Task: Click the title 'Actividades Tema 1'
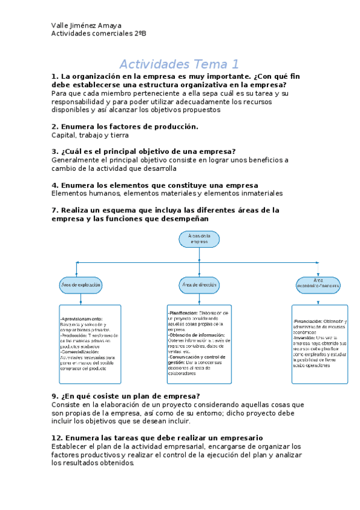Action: (x=179, y=64)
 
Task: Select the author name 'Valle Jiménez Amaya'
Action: (x=87, y=25)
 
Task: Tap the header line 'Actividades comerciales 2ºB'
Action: (x=99, y=34)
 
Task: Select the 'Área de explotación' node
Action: (x=81, y=284)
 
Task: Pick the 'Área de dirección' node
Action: (x=199, y=284)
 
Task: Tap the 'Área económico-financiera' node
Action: (x=318, y=284)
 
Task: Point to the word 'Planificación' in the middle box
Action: (x=183, y=313)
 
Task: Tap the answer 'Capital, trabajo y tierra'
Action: (x=91, y=135)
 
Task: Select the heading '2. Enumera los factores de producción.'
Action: (x=125, y=127)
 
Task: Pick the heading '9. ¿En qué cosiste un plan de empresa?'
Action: (x=126, y=396)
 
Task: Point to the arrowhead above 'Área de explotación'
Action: (x=75, y=273)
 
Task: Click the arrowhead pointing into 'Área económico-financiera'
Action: (x=317, y=274)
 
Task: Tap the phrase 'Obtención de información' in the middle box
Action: (x=197, y=335)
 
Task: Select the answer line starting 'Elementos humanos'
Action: (x=166, y=194)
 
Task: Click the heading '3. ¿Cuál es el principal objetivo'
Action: (x=144, y=152)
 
